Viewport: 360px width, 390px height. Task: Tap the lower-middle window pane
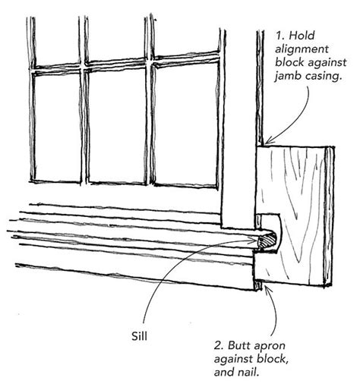[x=117, y=127]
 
